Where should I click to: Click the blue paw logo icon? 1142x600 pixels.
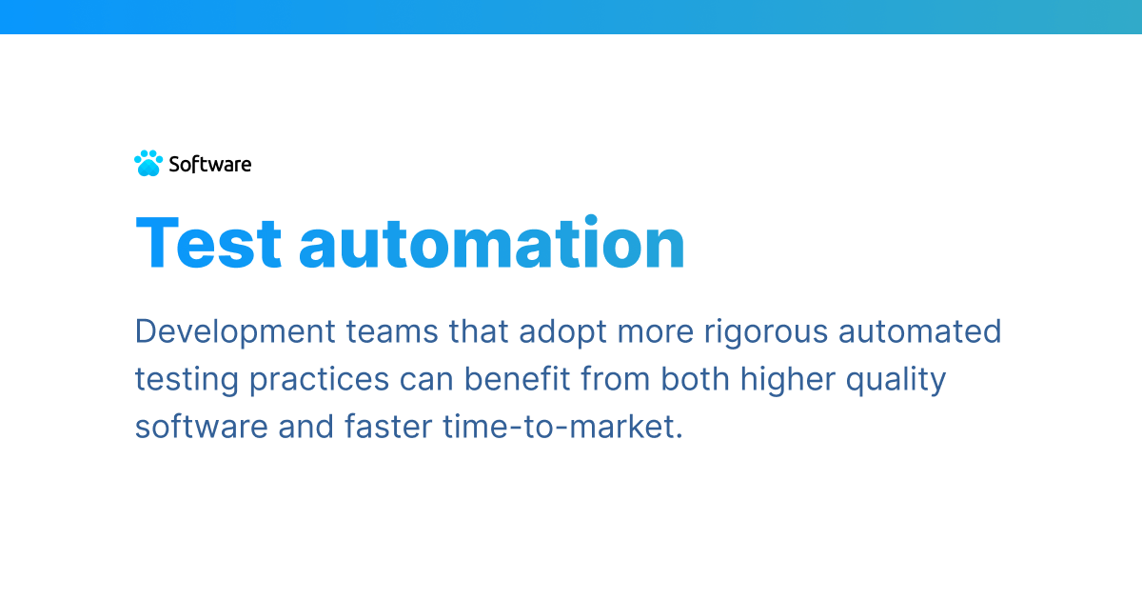(148, 164)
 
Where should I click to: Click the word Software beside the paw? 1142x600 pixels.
(210, 164)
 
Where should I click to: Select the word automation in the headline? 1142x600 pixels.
(492, 243)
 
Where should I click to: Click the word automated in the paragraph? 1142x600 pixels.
(923, 332)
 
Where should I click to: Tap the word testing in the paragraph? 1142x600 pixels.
(187, 380)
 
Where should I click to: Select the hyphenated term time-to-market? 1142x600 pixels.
(562, 427)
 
